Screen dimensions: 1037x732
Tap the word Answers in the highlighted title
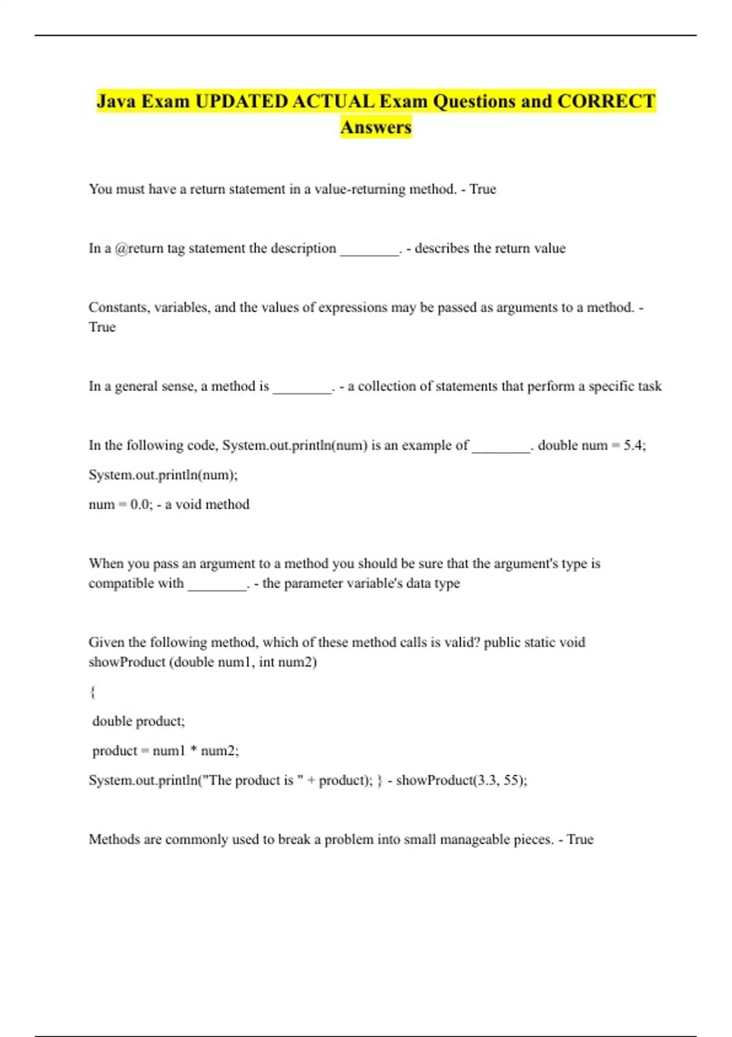click(x=376, y=127)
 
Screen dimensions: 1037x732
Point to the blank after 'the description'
click(x=369, y=250)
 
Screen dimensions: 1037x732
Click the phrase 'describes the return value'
click(x=490, y=248)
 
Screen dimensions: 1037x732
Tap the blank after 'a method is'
click(x=302, y=388)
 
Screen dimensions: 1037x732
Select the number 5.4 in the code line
click(x=633, y=445)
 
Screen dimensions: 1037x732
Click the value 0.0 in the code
click(x=140, y=504)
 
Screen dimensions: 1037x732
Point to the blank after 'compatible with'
click(x=217, y=585)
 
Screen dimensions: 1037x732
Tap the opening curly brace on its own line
click(x=93, y=692)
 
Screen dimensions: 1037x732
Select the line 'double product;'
click(x=138, y=721)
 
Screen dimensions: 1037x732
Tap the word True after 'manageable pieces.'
click(x=579, y=839)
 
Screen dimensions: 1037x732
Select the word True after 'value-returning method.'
click(x=483, y=189)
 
